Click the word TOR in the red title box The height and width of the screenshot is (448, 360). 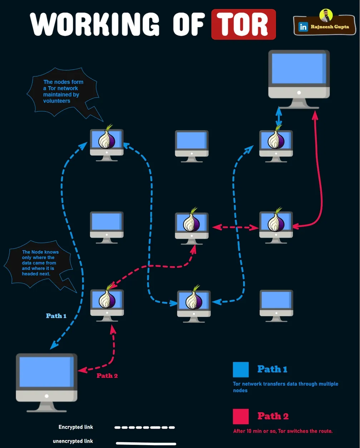click(243, 24)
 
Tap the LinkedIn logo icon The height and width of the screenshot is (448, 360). click(303, 27)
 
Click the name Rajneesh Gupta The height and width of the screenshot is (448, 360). click(330, 27)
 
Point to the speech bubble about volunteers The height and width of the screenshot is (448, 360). click(63, 92)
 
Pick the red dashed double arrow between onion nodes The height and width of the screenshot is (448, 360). click(236, 227)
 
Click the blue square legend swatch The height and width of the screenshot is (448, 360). click(241, 370)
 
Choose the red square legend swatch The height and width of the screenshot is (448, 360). click(241, 417)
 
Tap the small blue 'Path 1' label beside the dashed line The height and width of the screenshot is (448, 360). click(56, 316)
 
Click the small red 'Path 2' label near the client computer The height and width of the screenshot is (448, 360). click(107, 376)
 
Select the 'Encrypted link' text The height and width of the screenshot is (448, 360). click(76, 427)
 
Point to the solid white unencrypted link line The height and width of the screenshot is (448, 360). click(146, 443)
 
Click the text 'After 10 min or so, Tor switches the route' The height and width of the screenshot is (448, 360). click(283, 431)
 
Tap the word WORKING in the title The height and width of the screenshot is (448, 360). click(95, 24)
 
